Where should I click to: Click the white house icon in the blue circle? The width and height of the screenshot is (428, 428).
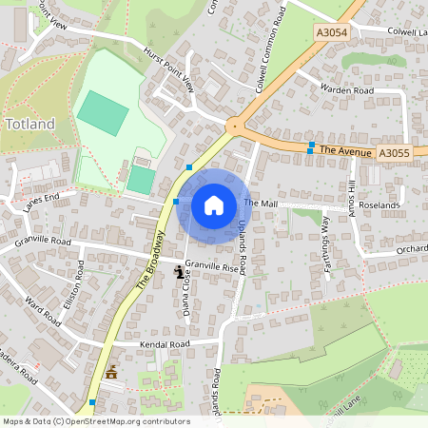[x=213, y=204]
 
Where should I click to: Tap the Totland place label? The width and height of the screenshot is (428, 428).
[x=30, y=124]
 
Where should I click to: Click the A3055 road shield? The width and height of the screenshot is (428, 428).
[x=392, y=152]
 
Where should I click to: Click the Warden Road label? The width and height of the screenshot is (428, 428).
[x=347, y=90]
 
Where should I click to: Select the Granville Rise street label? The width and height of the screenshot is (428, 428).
[x=210, y=268]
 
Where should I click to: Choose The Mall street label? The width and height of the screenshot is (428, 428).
[x=260, y=204]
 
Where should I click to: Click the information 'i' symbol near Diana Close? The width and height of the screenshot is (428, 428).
[x=179, y=272]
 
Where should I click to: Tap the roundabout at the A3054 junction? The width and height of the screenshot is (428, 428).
[x=233, y=125]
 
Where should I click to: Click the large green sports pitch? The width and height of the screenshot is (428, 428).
[x=102, y=114]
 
